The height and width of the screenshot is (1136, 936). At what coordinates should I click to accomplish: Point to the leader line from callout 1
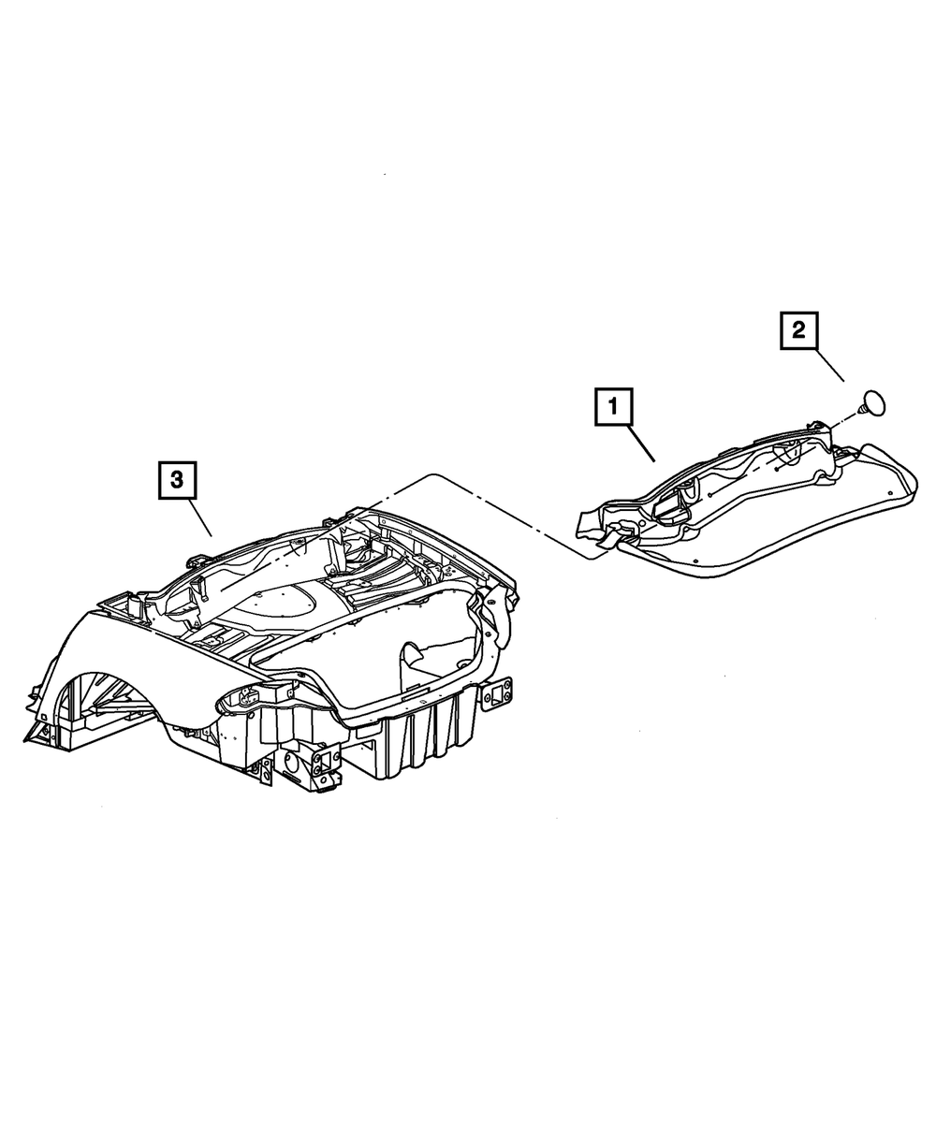coord(640,443)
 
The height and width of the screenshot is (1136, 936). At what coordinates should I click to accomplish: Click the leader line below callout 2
coord(827,364)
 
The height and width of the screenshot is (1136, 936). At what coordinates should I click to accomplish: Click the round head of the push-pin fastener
coord(877,402)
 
